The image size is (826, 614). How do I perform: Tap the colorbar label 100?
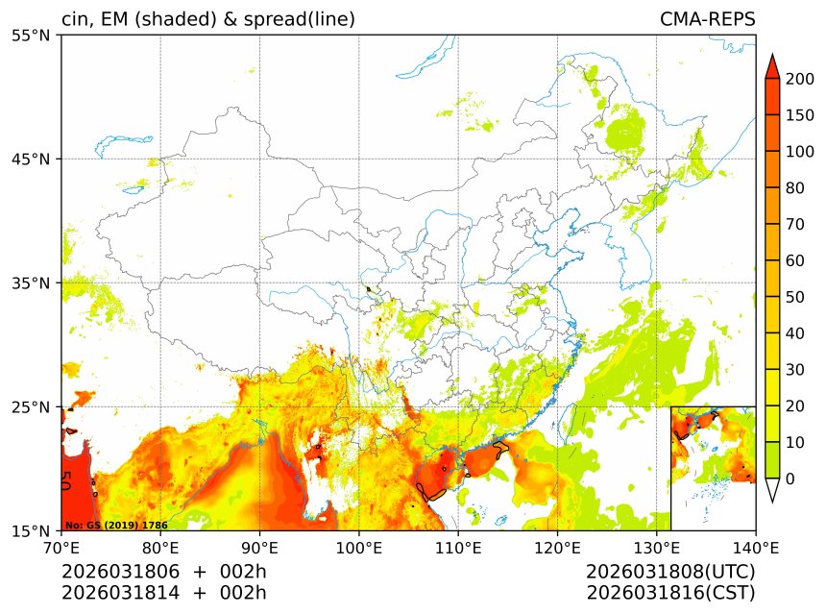coord(799,152)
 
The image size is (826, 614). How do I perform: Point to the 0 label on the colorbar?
coord(790,479)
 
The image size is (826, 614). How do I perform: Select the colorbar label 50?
coord(795,297)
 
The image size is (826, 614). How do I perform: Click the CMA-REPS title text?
coord(707,19)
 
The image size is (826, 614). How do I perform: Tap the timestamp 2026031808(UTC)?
coord(670,572)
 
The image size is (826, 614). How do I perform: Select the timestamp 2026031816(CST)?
coord(670,593)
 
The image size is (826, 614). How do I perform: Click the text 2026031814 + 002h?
coord(163,593)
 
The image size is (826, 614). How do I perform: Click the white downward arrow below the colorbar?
coord(771,490)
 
